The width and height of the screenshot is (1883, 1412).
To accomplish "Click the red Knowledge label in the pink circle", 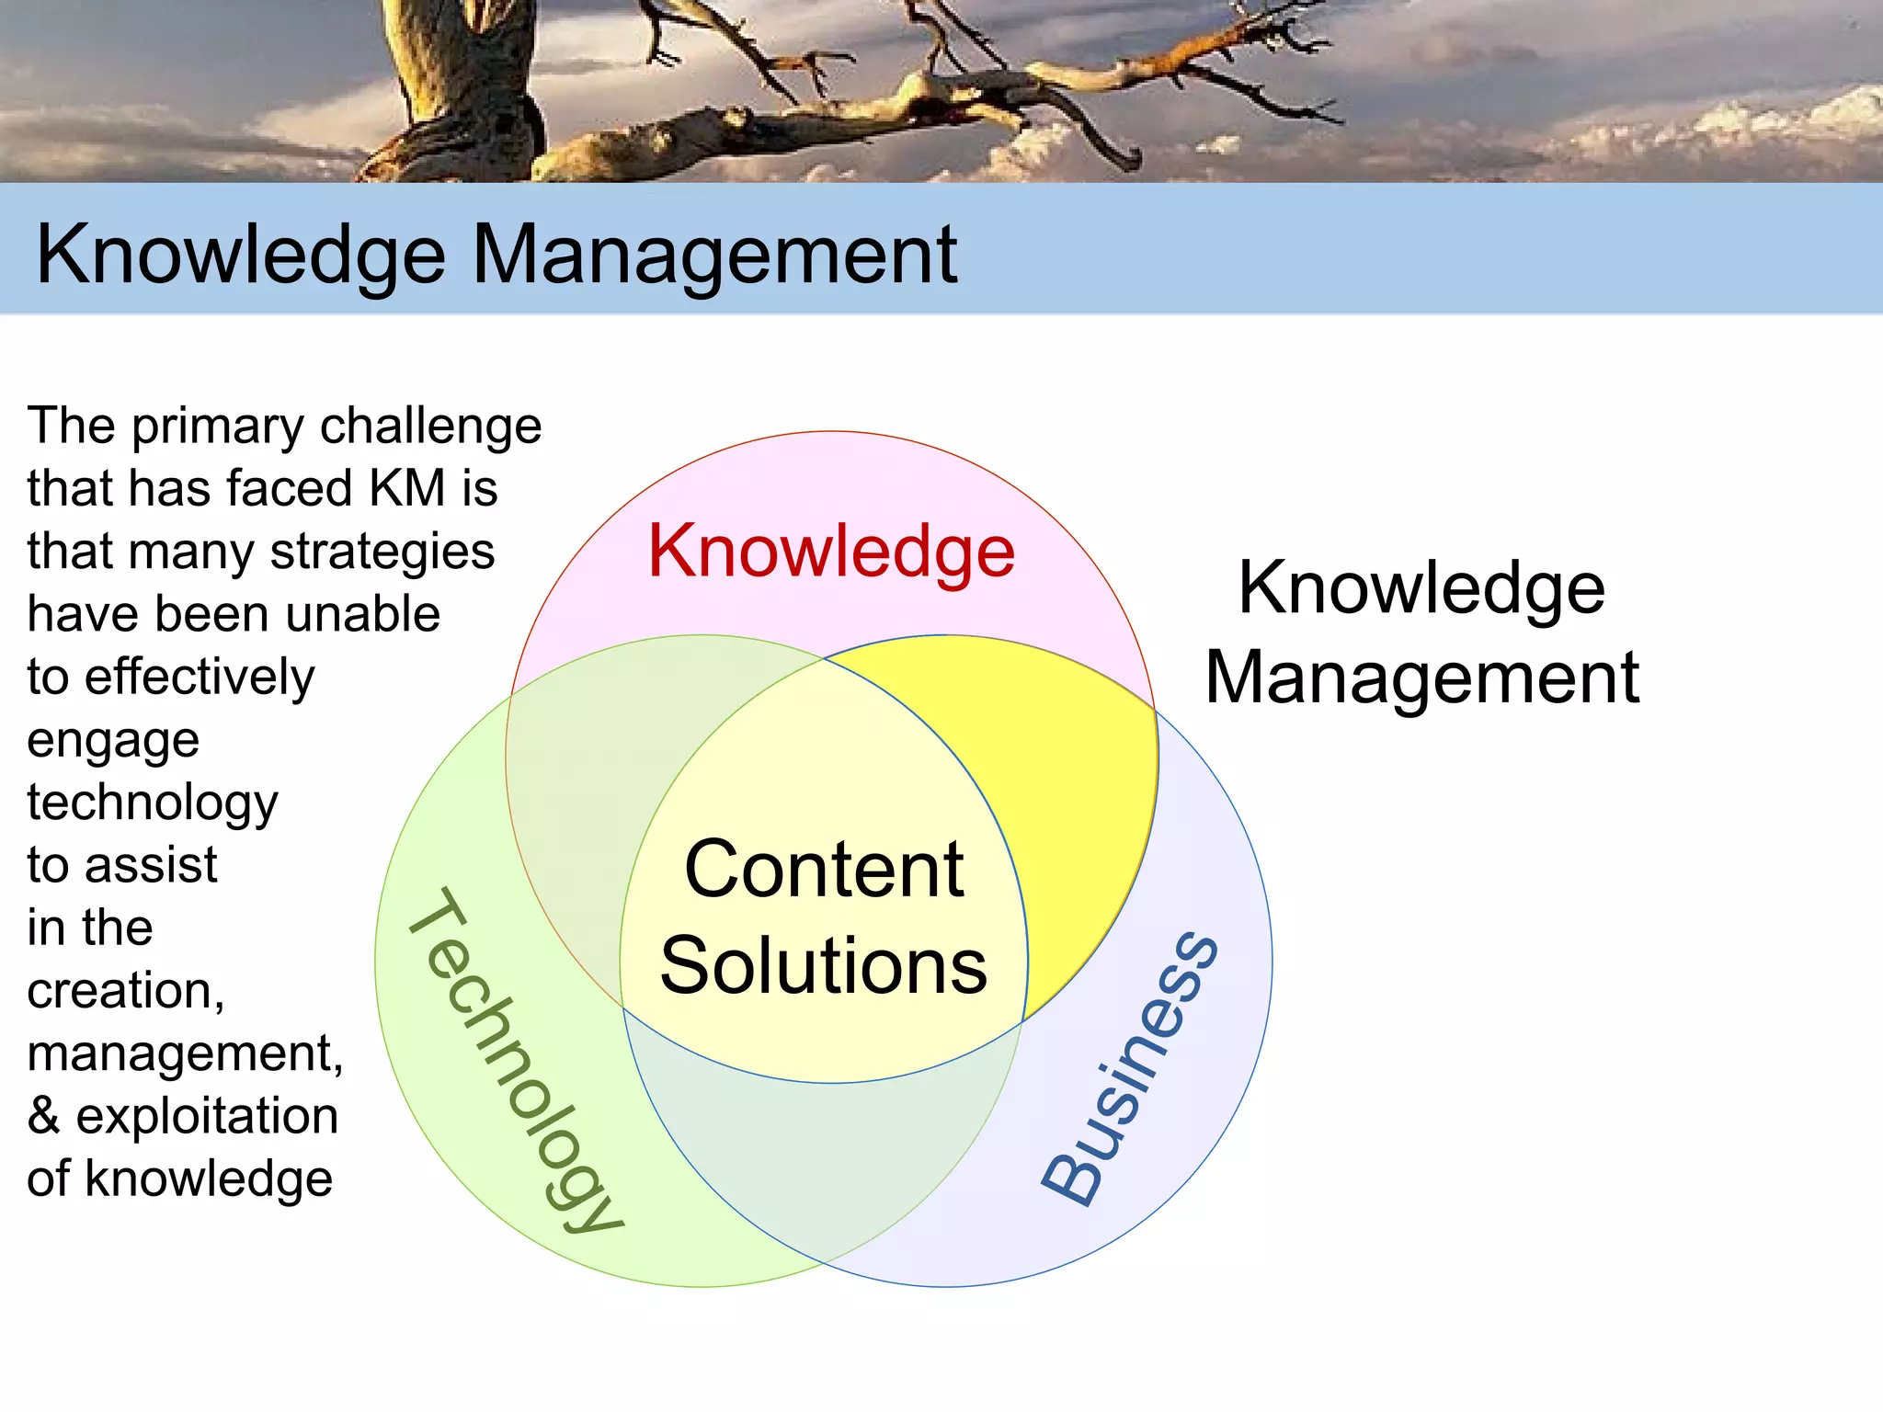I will (831, 552).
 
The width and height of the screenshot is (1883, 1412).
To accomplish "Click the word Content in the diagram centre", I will (824, 870).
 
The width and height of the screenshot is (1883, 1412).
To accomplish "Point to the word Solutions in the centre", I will (824, 965).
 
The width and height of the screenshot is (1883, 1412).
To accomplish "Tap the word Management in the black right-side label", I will (1421, 678).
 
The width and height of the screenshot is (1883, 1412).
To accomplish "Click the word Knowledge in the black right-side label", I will (1421, 588).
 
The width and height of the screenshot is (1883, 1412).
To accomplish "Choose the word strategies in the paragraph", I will (382, 552).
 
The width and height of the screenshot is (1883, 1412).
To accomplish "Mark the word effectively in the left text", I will (212, 678).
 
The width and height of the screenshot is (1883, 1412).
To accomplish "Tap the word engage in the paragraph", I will (113, 741).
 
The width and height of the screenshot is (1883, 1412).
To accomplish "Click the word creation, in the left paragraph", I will (125, 991).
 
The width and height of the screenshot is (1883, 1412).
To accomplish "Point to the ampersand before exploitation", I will (43, 1116).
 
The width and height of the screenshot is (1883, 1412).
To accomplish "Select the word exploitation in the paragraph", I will (207, 1116).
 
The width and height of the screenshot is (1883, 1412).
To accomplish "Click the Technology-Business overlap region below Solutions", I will (823, 1167).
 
